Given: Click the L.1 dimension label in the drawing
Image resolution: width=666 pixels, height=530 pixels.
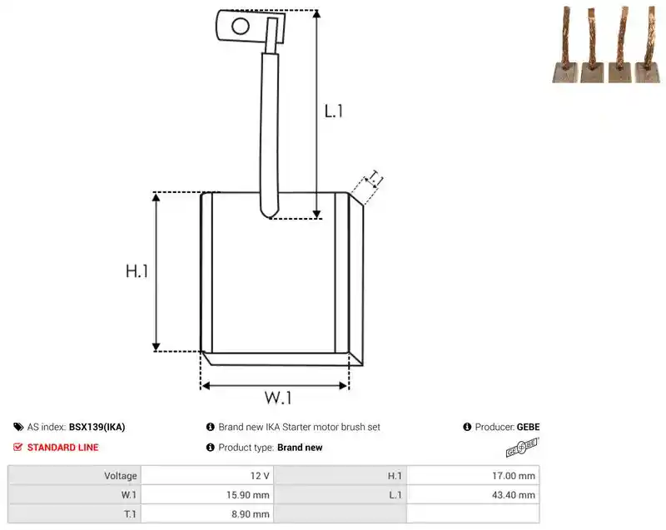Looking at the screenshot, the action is [x=334, y=111].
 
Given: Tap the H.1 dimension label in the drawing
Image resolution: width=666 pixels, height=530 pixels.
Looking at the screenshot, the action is [x=137, y=270].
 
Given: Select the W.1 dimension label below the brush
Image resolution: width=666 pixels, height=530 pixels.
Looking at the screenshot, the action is [x=278, y=398].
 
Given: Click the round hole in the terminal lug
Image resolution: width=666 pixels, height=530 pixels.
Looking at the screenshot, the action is [x=241, y=27].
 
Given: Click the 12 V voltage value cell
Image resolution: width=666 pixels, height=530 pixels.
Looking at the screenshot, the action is [x=260, y=476].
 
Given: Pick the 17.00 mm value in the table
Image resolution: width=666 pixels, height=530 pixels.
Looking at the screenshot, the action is [x=514, y=476].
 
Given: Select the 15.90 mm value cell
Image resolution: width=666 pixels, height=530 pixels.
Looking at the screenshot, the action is [x=247, y=495].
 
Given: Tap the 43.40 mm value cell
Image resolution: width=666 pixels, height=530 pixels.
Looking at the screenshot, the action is [x=514, y=495].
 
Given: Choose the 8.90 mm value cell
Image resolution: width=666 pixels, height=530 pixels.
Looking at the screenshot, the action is [x=251, y=514].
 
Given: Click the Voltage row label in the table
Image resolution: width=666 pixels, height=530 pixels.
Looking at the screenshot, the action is [x=121, y=476].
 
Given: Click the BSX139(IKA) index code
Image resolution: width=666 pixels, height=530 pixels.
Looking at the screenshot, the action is [x=97, y=427].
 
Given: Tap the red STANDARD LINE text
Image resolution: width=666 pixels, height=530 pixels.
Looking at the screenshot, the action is [x=63, y=448].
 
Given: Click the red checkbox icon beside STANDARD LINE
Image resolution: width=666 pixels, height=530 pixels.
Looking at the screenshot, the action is [x=17, y=447].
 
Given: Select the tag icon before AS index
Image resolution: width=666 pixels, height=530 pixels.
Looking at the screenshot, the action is [x=18, y=427].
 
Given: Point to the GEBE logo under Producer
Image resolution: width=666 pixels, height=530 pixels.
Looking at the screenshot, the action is [x=522, y=448].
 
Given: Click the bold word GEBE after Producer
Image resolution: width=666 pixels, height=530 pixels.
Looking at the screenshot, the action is [x=529, y=427].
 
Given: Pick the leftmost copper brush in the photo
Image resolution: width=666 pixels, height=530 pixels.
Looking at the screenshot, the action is [x=565, y=45].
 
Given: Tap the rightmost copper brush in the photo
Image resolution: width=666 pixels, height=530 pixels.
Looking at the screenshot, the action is [x=649, y=44].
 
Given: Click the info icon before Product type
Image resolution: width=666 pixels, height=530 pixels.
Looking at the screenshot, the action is [x=211, y=448].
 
